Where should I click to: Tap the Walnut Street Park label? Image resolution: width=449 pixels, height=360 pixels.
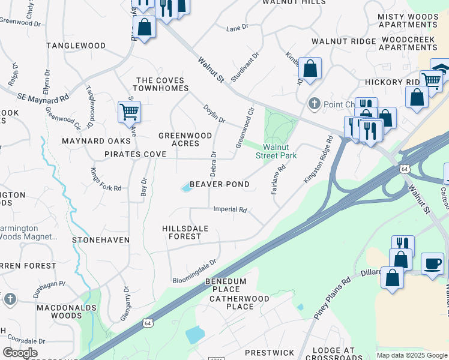point(276,151)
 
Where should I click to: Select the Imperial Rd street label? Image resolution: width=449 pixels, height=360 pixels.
point(231,209)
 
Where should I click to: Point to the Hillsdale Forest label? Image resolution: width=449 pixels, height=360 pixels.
point(182,232)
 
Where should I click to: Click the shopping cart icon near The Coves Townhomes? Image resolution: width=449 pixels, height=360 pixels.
point(130,111)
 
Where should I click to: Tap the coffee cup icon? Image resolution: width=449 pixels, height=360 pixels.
point(432,263)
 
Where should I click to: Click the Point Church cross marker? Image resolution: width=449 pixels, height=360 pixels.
point(313,104)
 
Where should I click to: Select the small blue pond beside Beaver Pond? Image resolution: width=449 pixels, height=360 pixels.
point(186,188)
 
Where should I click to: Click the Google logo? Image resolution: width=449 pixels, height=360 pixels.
point(20,353)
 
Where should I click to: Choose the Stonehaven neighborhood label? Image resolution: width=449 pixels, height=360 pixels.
point(101,239)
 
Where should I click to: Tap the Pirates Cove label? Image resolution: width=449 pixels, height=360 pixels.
point(135,154)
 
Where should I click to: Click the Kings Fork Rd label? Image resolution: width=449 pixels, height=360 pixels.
point(106,179)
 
